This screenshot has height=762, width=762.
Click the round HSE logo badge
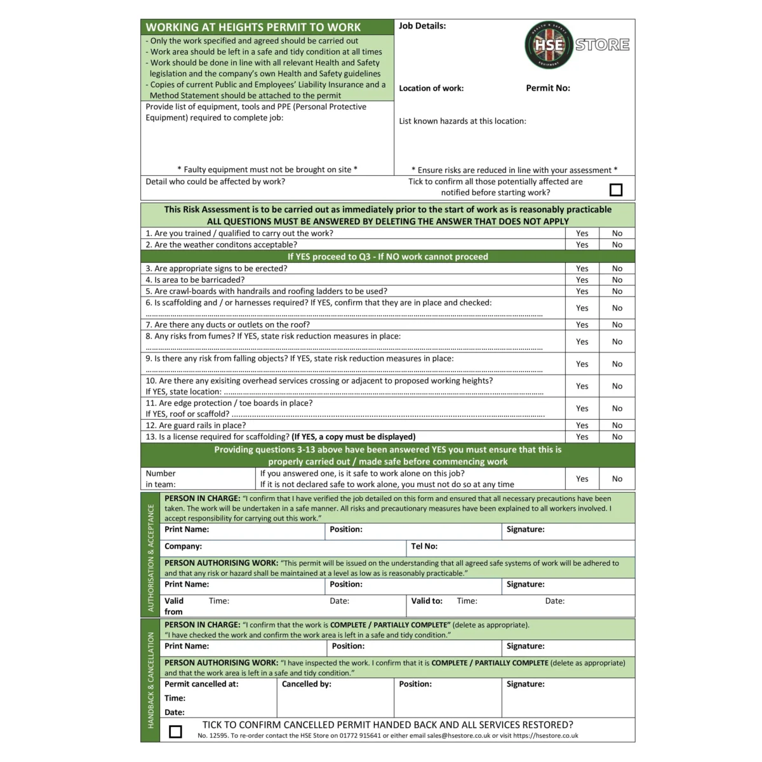(549, 45)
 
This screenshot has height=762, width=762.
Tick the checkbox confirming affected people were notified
(616, 190)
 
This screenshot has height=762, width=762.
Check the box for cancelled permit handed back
(176, 732)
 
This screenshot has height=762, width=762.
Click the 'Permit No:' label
(548, 88)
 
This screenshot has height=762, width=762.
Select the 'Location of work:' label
(431, 88)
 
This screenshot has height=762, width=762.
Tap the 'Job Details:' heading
(422, 26)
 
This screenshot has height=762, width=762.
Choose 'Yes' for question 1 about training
(582, 234)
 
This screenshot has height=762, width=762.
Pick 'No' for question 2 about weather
(617, 245)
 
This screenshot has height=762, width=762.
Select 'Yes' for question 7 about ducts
(582, 325)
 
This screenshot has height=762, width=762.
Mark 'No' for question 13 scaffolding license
(617, 437)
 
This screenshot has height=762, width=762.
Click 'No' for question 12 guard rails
(617, 425)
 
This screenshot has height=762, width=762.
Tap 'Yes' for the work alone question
(582, 479)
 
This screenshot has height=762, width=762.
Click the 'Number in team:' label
(161, 479)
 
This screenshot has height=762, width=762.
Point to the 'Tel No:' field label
(424, 546)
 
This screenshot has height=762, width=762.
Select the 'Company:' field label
(183, 546)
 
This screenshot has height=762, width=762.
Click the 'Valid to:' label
(427, 601)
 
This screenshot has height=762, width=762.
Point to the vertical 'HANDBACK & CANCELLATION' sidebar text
(151, 680)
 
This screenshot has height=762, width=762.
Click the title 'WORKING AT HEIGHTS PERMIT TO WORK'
(253, 27)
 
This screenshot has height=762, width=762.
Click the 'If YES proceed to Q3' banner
(387, 257)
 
